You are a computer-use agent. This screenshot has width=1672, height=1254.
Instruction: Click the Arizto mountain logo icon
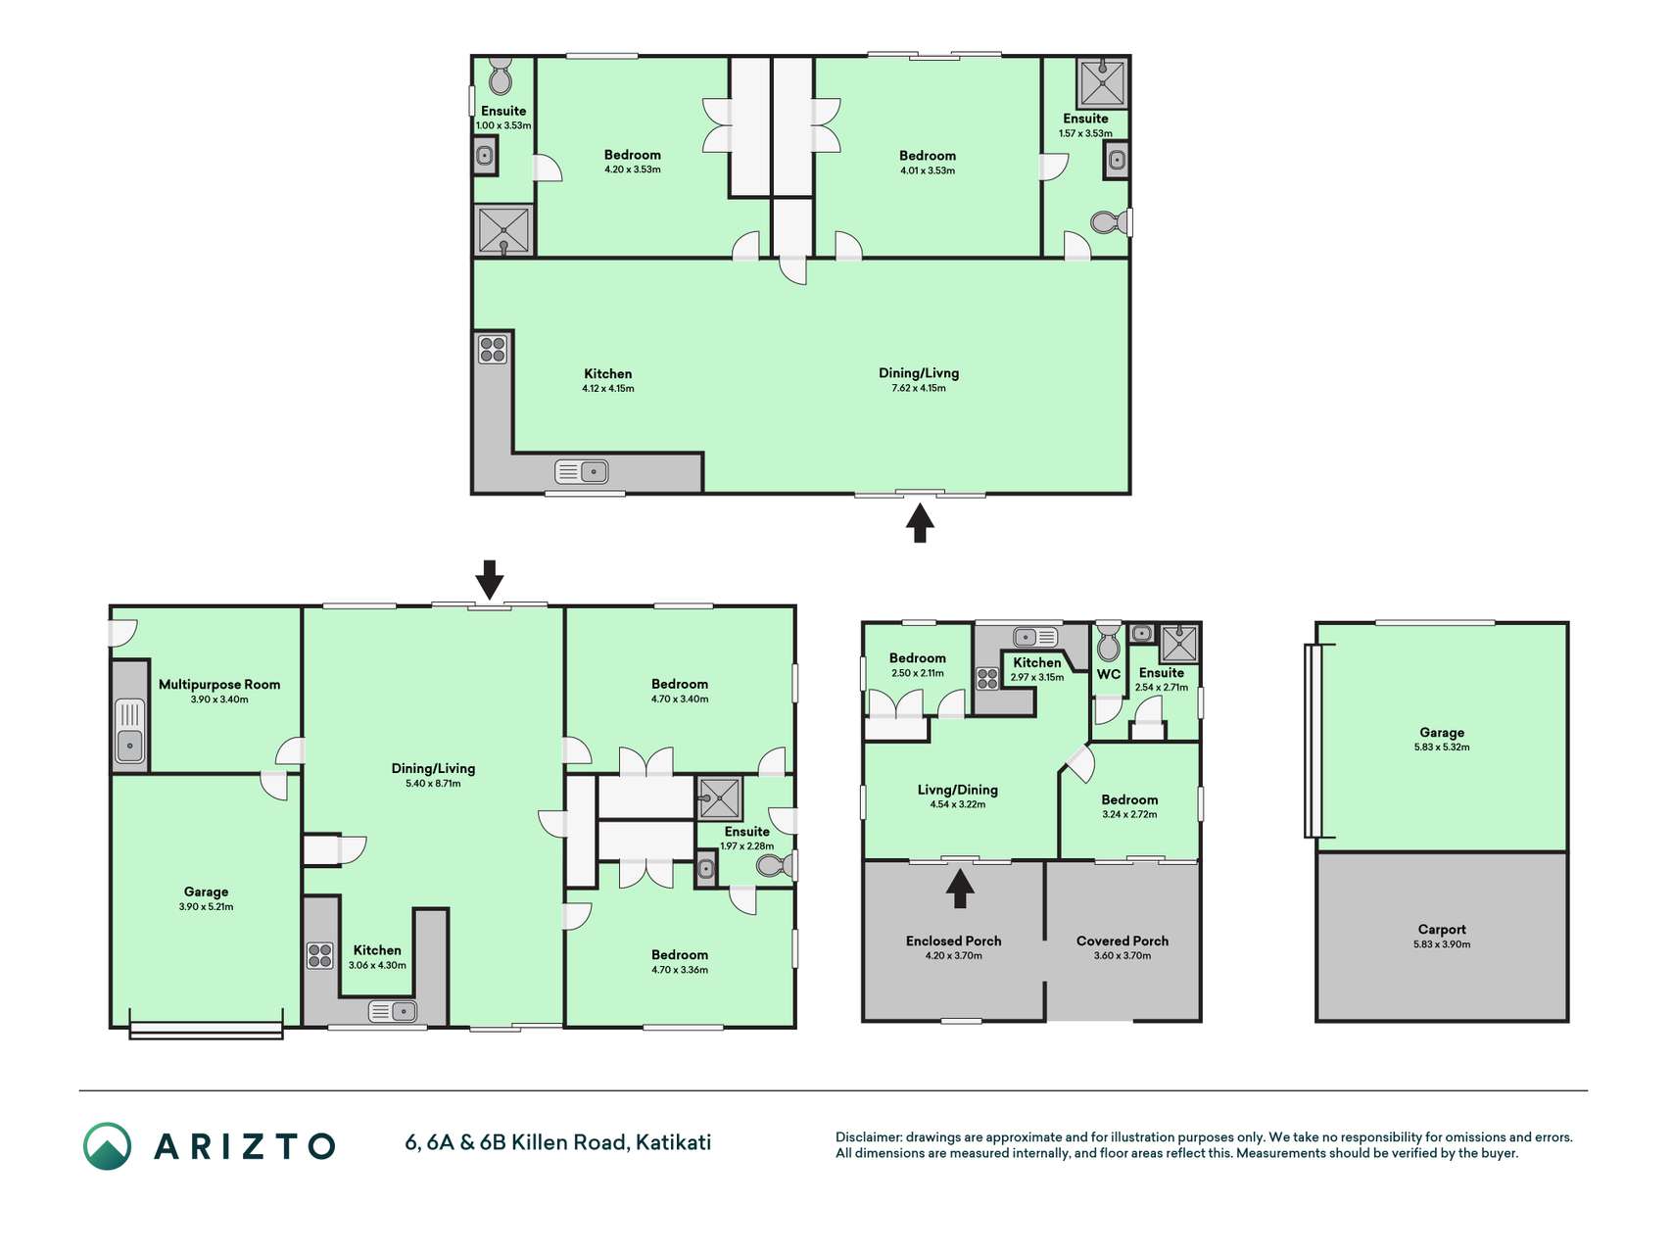coord(107,1146)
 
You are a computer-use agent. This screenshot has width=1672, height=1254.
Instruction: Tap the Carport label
coord(1442,930)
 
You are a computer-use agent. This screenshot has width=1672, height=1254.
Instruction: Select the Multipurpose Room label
coord(219,685)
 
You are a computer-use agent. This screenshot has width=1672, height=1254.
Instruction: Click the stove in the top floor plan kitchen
coord(493,349)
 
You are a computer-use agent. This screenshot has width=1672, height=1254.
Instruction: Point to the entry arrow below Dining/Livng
coord(919,522)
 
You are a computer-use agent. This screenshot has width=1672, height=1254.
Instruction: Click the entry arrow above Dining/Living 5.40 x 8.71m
coord(490,580)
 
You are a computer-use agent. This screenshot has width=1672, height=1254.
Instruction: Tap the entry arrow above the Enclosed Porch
coord(960,889)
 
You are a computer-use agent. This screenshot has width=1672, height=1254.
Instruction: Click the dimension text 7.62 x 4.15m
coord(919,388)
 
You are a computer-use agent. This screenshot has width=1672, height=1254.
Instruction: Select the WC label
coord(1109,674)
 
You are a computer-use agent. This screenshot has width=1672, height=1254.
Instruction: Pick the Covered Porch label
coord(1123,940)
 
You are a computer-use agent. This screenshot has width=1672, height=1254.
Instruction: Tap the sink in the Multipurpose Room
coord(129,730)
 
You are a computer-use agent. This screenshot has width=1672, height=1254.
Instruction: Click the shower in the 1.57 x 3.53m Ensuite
coord(1102,82)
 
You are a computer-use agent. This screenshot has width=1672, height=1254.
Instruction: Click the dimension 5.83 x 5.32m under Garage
coord(1442,747)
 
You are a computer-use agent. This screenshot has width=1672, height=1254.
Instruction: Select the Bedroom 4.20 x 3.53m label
coord(633,155)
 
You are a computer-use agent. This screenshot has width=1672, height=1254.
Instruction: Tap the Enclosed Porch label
coord(954,940)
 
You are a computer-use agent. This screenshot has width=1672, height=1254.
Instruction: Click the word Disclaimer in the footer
coord(868,1137)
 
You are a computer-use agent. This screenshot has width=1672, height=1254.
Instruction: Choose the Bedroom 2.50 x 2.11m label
coord(918,658)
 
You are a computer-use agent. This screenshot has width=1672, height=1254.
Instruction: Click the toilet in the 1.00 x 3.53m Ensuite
coord(501,75)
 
